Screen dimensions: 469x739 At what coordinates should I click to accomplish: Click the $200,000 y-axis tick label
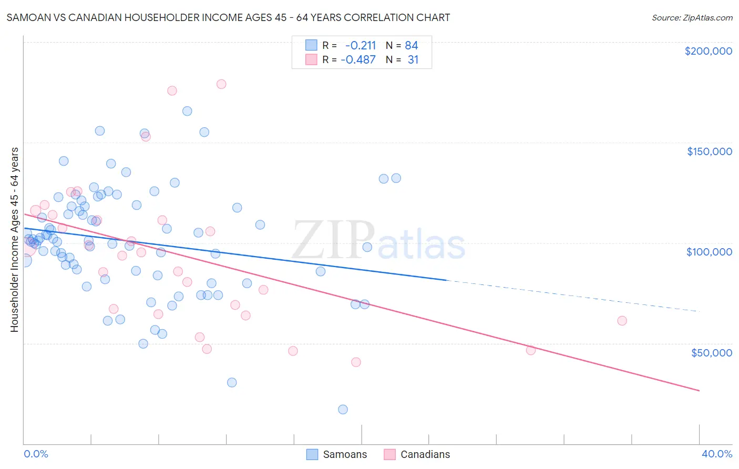pos(708,51)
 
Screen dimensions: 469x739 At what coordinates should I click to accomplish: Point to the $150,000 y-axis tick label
pos(709,151)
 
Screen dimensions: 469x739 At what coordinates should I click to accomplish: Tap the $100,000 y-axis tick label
pos(709,252)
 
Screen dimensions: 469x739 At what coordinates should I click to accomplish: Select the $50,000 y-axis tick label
pos(711,352)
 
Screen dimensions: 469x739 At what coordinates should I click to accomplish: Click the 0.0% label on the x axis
pos(36,454)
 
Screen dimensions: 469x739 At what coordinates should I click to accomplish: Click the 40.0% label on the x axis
pos(716,454)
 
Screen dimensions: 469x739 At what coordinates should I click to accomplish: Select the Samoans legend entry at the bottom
pos(337,454)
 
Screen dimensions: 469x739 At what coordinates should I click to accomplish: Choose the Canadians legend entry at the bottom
pos(417,454)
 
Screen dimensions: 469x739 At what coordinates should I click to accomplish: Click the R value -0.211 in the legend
pos(361,46)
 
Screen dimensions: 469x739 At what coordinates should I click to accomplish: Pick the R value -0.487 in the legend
pos(358,60)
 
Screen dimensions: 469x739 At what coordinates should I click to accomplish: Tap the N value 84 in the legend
pos(412,46)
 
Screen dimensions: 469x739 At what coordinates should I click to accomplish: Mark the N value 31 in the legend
pos(413,60)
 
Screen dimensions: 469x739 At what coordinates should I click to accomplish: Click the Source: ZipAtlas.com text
pos(692,18)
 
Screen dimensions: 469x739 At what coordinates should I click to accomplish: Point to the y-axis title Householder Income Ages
pos(15,240)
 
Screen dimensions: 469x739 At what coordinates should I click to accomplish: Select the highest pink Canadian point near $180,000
pos(221,84)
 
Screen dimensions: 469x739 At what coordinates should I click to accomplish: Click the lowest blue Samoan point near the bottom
pos(343,410)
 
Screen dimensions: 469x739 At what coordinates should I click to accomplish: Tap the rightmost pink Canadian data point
pos(622,321)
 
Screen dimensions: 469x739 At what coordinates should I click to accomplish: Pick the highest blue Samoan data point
pos(187,111)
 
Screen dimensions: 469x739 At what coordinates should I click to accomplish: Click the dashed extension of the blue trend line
pos(573,296)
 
